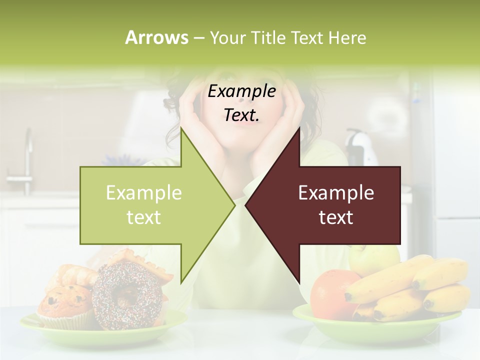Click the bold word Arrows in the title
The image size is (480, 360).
pyautogui.click(x=156, y=37)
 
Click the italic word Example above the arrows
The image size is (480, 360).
pyautogui.click(x=242, y=91)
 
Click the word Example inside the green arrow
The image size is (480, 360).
pyautogui.click(x=144, y=192)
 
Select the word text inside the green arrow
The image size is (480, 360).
pyautogui.click(x=144, y=217)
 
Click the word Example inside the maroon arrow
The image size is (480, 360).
pyautogui.click(x=336, y=192)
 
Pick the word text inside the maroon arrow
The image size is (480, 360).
pyautogui.click(x=336, y=217)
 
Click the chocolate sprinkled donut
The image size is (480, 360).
pyautogui.click(x=127, y=295)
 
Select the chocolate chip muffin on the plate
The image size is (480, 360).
pyautogui.click(x=65, y=305)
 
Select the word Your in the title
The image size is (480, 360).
pyautogui.click(x=228, y=37)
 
